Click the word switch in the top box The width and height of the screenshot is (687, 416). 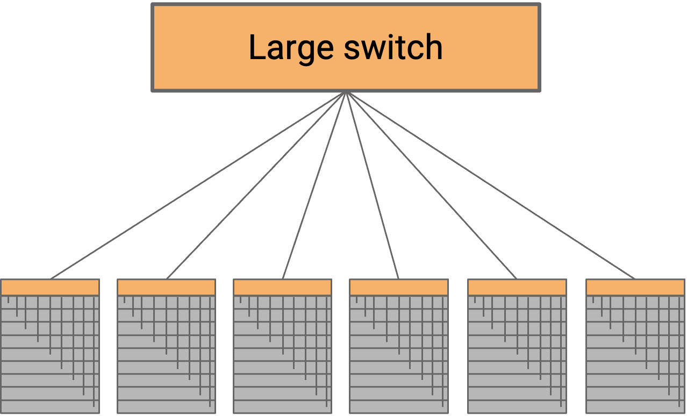pos(393,47)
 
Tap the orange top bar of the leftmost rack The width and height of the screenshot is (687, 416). pos(50,288)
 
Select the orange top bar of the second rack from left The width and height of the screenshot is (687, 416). pos(166,288)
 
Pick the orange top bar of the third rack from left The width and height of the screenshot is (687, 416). pos(282,288)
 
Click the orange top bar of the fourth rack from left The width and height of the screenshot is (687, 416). pos(398,288)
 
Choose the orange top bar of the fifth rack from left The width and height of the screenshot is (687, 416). pos(517,288)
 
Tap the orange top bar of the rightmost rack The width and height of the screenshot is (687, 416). pos(635,288)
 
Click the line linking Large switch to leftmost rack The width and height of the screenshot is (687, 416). pos(199,185)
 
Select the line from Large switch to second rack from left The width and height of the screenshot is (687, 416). pos(257,185)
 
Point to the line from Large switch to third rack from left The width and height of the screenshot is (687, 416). pos(315,185)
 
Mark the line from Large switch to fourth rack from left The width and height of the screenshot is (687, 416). pos(373,185)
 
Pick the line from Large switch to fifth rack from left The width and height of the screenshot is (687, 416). pos(432,185)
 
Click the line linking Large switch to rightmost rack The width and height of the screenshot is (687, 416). pos(490,185)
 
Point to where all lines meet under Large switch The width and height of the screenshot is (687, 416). pos(346,93)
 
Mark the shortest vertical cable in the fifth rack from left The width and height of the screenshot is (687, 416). pos(475,299)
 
